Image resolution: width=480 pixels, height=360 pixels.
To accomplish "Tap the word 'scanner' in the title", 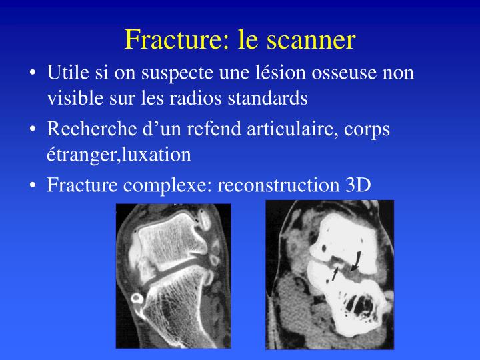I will tap(311, 40).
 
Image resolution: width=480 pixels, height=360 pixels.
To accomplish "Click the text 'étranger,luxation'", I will tap(119, 155).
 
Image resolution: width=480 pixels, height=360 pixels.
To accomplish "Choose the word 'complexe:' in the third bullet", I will tap(168, 185).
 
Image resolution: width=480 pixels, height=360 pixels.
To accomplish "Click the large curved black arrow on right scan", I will tap(358, 259).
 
